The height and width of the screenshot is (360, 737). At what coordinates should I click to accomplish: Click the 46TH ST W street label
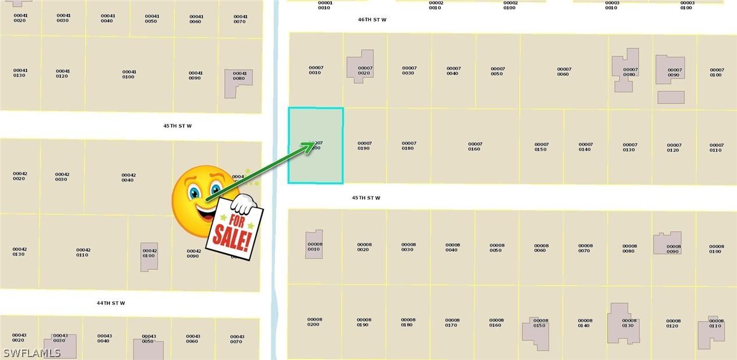point(372,20)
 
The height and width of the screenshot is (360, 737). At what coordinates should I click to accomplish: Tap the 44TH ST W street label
point(110,303)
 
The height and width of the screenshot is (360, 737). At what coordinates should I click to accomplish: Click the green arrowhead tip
point(314,144)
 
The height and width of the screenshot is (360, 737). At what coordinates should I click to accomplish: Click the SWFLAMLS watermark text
point(32,353)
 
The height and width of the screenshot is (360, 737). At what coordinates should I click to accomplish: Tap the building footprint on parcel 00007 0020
point(360,66)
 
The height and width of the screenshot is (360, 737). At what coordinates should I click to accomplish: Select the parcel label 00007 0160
point(475,147)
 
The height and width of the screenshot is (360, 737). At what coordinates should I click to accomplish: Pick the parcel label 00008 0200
point(314,322)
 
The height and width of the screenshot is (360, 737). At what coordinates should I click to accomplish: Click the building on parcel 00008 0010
point(314,244)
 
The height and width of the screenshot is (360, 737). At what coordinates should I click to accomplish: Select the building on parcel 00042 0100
point(149,256)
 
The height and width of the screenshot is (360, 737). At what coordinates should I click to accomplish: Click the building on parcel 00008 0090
point(667,243)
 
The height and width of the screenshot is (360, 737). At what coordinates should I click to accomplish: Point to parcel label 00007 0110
point(717,147)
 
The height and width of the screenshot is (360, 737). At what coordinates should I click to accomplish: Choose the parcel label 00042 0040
point(128,177)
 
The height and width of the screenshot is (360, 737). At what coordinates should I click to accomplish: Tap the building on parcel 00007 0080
point(625,69)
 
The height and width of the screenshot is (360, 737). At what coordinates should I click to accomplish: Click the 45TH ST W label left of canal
point(177,126)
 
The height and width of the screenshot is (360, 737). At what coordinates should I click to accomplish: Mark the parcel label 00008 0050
point(496,248)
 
